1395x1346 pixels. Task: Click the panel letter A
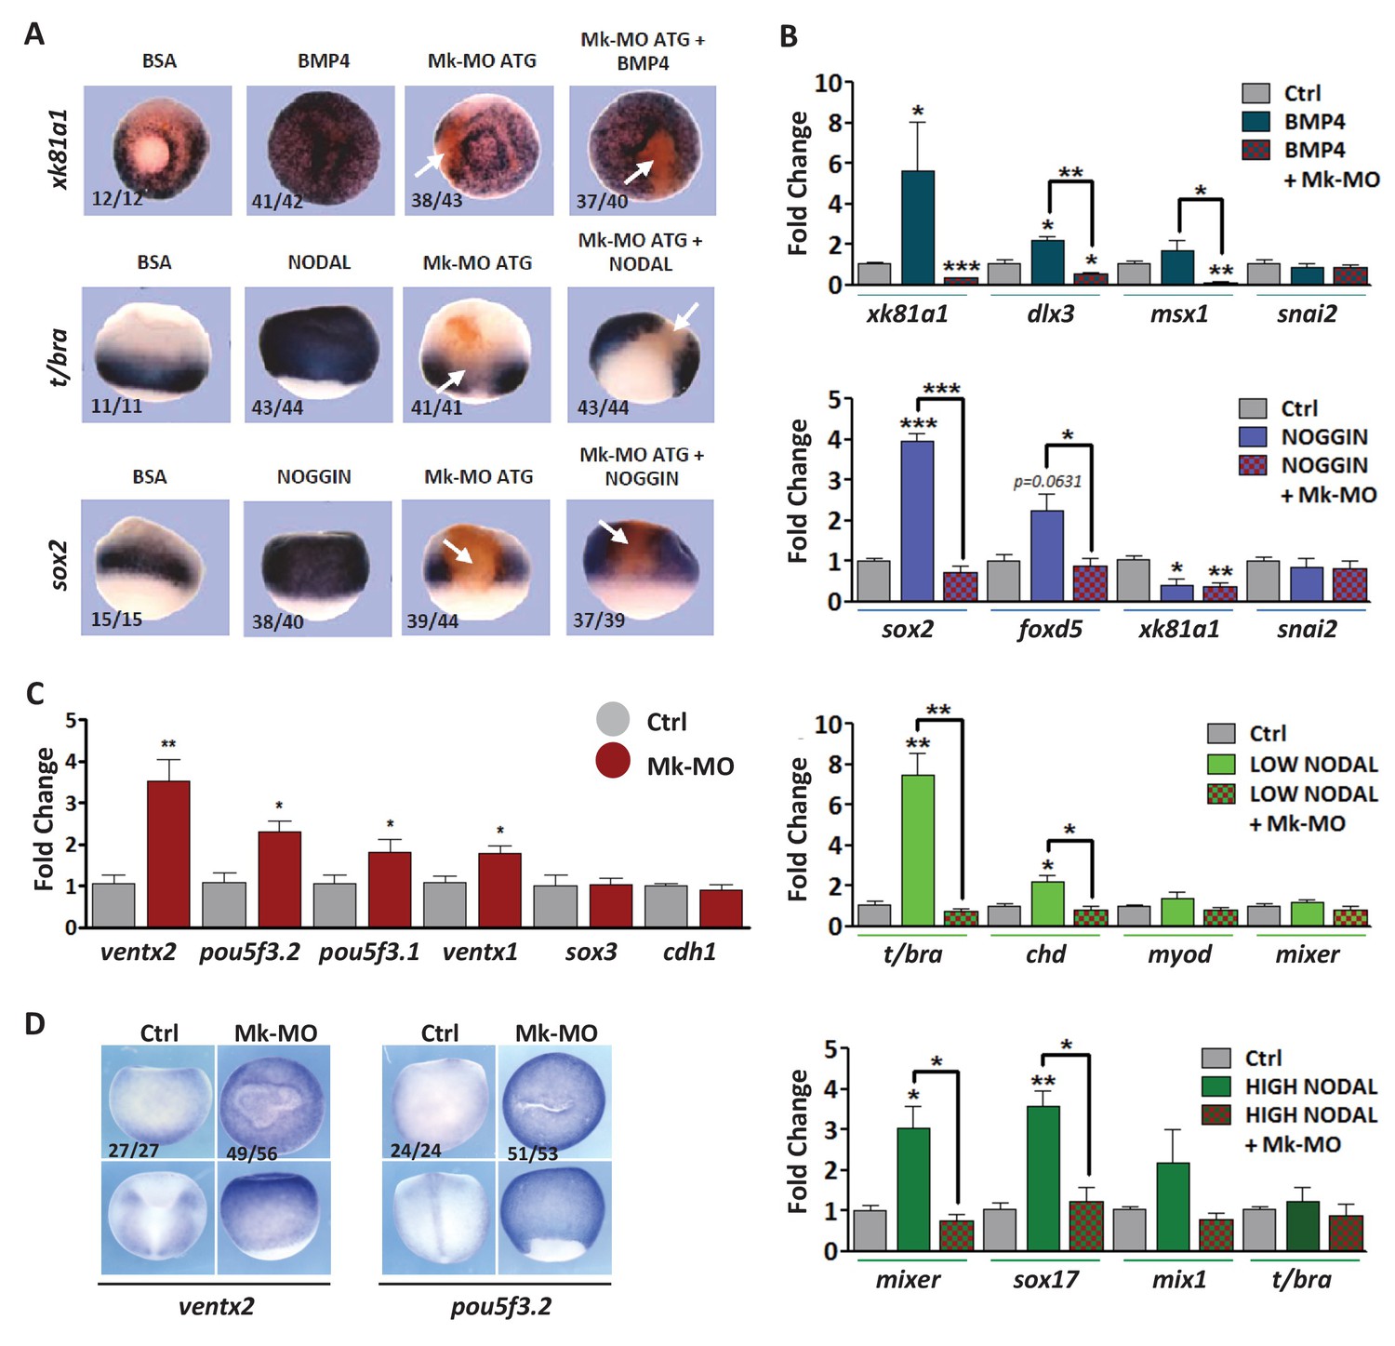tap(33, 34)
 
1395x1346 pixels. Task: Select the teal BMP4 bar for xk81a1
tap(918, 228)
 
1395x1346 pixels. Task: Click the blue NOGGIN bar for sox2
tap(917, 521)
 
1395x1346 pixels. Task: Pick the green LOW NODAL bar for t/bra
tap(917, 850)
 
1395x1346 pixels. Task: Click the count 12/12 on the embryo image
tap(117, 198)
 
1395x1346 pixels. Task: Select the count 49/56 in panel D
tap(252, 1153)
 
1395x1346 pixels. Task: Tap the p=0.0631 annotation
tap(1047, 482)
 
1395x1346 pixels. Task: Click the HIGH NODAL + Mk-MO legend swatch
tap(1216, 1114)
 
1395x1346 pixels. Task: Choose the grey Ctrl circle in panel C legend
tap(613, 721)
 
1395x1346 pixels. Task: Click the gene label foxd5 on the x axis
tap(1050, 630)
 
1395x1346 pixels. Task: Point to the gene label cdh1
tap(689, 953)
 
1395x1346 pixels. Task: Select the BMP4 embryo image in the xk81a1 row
tap(323, 149)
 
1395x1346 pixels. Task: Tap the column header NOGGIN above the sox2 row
tap(314, 477)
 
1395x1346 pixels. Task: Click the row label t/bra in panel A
tap(59, 355)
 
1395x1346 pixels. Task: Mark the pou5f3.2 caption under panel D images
tap(500, 1306)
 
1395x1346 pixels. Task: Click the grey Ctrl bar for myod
tap(1133, 915)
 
